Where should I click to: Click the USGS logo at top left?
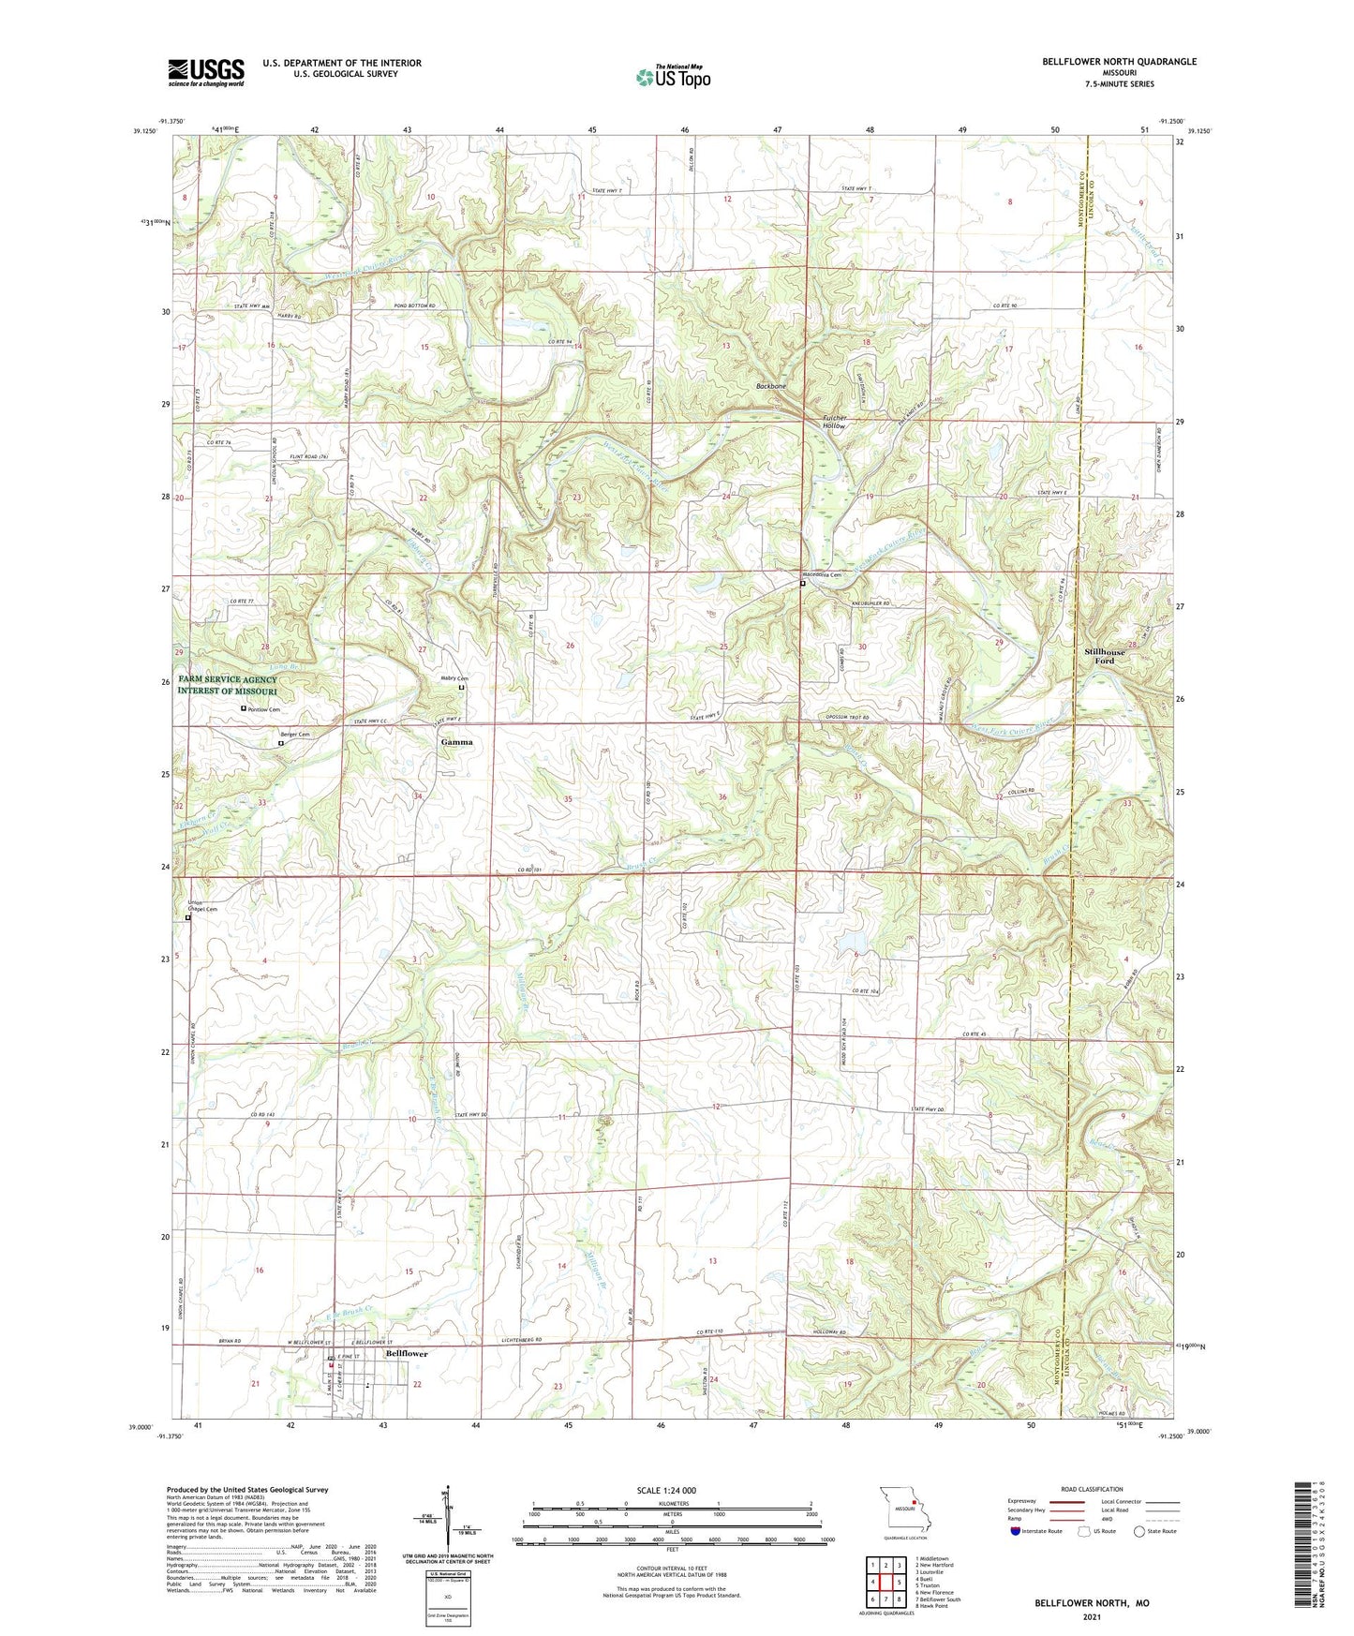(x=206, y=72)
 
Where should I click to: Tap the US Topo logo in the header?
(x=673, y=77)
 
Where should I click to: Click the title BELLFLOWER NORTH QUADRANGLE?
(x=1119, y=62)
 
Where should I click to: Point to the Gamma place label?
(x=457, y=741)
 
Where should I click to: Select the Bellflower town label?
(x=407, y=1354)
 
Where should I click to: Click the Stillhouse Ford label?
(x=1105, y=656)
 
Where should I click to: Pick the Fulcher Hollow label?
(x=834, y=422)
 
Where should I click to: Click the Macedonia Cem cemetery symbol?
(x=802, y=584)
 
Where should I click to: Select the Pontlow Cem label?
(x=264, y=709)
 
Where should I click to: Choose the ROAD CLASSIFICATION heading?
(x=1092, y=1489)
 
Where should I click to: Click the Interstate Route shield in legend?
(x=1017, y=1531)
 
